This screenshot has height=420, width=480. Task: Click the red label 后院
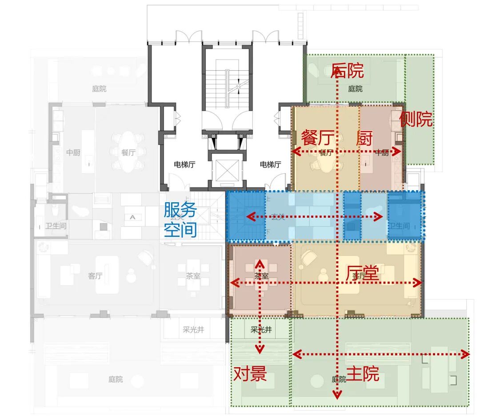point(348,71)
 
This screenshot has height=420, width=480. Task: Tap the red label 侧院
point(416,119)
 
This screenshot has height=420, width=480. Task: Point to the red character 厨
point(364,138)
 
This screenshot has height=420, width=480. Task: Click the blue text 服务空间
point(180,219)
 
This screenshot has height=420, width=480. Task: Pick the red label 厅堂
point(362,274)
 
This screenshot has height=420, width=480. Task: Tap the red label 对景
point(250,374)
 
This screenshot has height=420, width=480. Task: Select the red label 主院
point(363,374)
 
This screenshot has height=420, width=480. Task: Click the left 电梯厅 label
point(184,164)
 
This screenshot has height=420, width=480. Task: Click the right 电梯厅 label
point(270,164)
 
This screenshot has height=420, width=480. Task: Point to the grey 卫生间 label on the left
point(56,226)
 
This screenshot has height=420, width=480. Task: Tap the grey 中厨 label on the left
point(73,152)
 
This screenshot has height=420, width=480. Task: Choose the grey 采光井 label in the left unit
point(193,330)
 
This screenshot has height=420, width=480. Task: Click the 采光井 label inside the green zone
point(261,330)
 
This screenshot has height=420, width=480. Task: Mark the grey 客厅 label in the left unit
point(95,276)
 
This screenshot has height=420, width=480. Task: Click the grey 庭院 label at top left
point(100,88)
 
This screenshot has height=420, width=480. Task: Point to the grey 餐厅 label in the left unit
point(128,152)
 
